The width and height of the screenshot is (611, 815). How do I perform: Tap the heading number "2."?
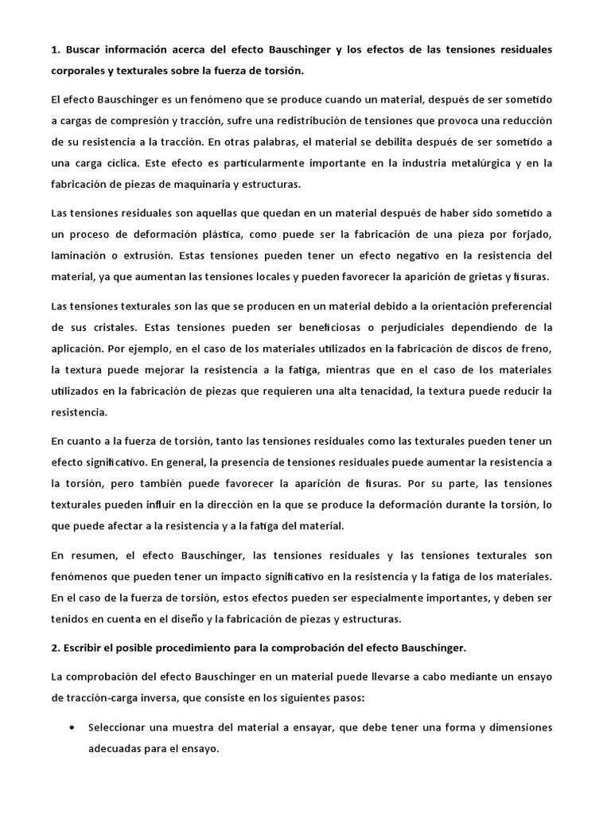tap(55, 648)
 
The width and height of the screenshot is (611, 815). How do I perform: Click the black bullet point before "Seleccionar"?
tap(74, 727)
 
